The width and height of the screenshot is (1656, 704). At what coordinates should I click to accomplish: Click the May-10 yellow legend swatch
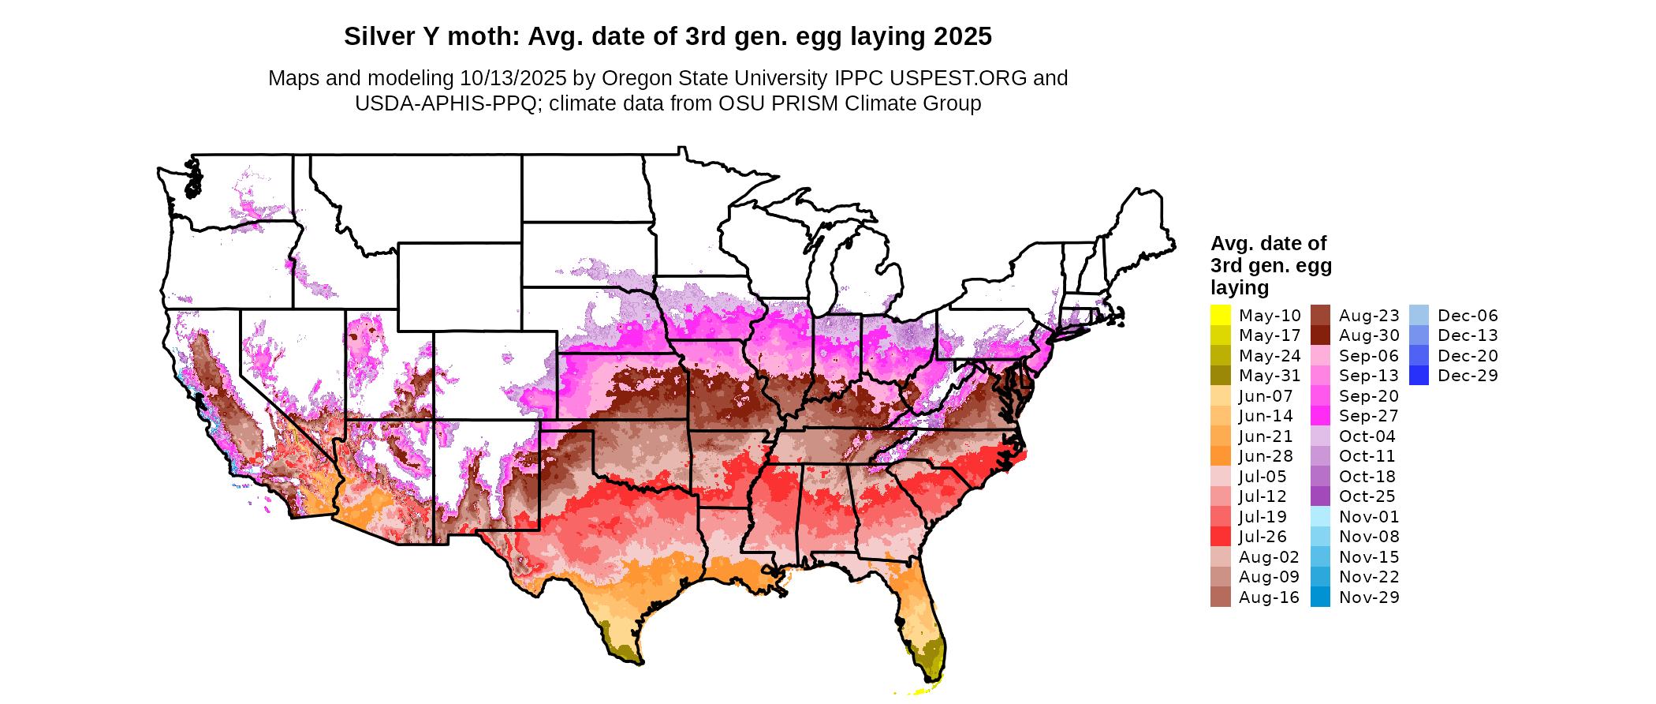click(x=1220, y=316)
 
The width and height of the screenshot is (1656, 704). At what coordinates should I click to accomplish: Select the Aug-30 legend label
click(x=1369, y=336)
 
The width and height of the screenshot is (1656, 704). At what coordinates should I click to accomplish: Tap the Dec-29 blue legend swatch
click(x=1419, y=376)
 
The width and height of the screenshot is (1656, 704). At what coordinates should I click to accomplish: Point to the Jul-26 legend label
click(x=1263, y=537)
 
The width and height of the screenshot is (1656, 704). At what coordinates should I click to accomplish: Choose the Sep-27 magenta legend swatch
click(x=1320, y=416)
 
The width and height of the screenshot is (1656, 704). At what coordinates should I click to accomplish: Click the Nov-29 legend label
click(x=1369, y=597)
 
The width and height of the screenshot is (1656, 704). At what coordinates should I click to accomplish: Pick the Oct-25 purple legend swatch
click(x=1320, y=496)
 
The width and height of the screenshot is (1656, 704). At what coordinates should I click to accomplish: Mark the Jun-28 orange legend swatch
click(x=1220, y=456)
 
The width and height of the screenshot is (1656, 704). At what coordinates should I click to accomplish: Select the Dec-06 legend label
click(x=1468, y=316)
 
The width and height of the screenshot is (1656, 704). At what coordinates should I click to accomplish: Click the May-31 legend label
click(x=1269, y=376)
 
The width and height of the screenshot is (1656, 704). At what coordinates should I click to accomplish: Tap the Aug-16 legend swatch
click(x=1220, y=597)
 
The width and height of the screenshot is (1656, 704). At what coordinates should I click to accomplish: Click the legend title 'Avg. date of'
click(x=1268, y=243)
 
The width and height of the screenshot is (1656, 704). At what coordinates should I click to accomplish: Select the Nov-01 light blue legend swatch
click(x=1320, y=517)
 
